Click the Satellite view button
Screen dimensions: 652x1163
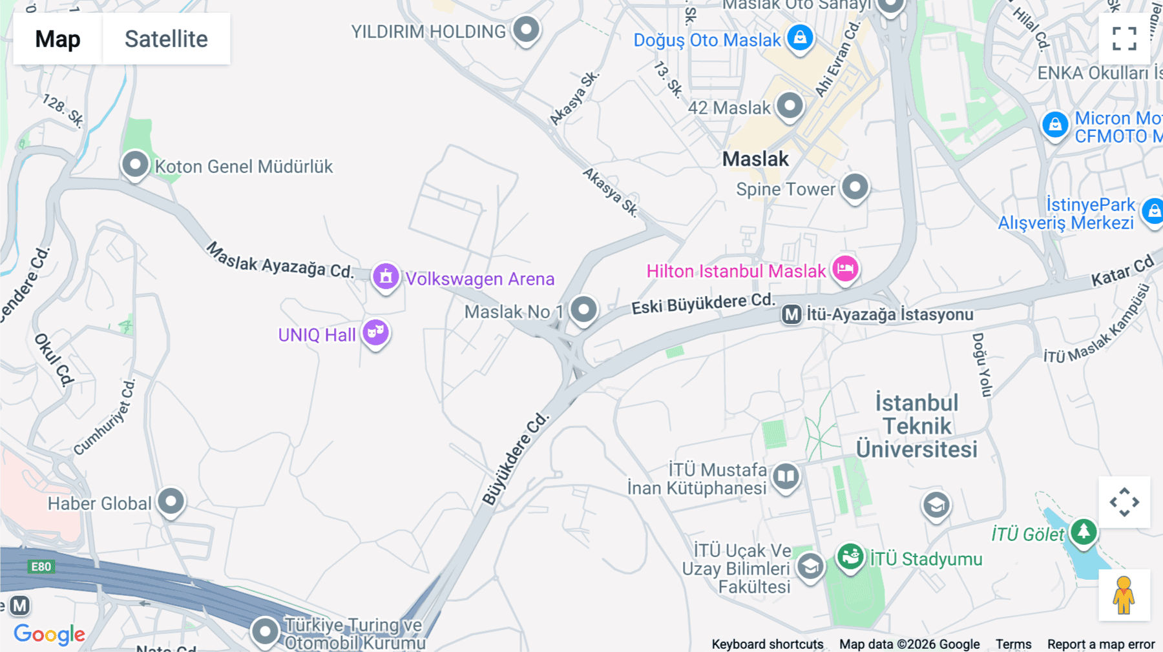(166, 39)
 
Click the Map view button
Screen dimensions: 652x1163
(58, 39)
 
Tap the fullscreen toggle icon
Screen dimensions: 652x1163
(1124, 39)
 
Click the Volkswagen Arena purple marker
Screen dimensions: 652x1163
(386, 277)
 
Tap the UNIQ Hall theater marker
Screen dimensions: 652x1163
(375, 332)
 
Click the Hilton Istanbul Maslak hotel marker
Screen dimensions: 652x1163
(845, 268)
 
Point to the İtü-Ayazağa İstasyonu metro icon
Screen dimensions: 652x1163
(791, 314)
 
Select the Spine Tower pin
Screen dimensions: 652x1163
(855, 188)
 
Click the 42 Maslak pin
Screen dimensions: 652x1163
(790, 105)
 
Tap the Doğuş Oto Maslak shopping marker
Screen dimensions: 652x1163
(800, 37)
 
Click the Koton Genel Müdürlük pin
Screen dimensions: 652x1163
(135, 165)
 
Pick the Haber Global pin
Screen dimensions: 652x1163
(171, 502)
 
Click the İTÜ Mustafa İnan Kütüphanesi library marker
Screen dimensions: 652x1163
(786, 477)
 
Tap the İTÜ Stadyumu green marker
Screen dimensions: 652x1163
(850, 556)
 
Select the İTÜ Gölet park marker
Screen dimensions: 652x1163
(1084, 533)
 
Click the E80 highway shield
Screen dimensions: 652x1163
(41, 567)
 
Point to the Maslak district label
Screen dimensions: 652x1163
(755, 159)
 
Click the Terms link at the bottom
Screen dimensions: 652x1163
(1013, 644)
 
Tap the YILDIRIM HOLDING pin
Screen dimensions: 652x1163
(526, 30)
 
